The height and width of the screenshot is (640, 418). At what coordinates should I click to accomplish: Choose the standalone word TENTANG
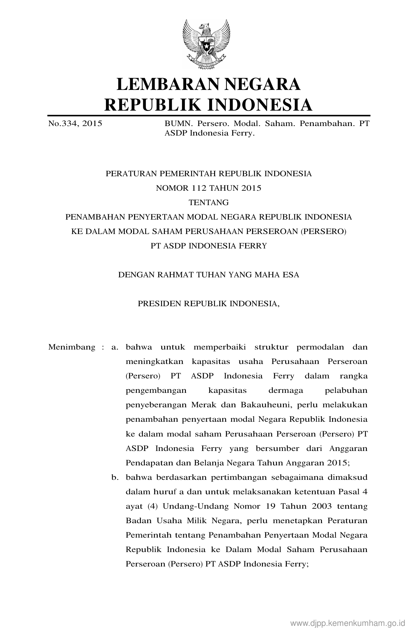coord(209,203)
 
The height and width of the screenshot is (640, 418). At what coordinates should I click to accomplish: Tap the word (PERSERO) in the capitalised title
coord(323,231)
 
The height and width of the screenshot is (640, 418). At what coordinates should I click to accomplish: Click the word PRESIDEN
coord(159,304)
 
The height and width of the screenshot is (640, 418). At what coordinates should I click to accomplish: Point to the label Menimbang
coord(72,347)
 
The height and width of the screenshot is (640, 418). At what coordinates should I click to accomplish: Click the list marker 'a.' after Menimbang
coord(114,347)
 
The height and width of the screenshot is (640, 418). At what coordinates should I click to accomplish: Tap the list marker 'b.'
coord(114,477)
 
